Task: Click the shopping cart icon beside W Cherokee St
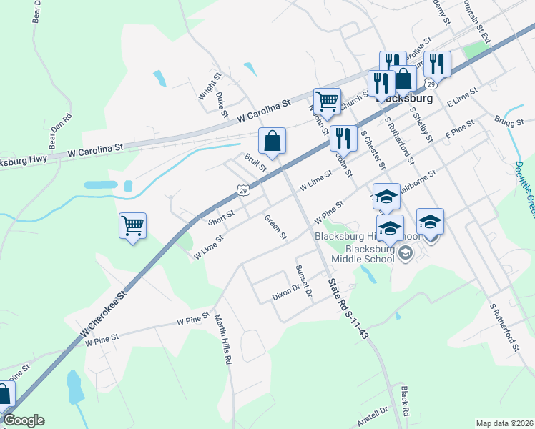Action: (133, 227)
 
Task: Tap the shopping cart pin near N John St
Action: (327, 102)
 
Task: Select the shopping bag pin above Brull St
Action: (273, 141)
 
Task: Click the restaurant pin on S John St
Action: (343, 137)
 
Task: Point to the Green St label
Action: (275, 227)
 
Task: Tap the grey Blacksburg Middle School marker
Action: (406, 252)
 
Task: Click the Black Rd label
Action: (405, 402)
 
